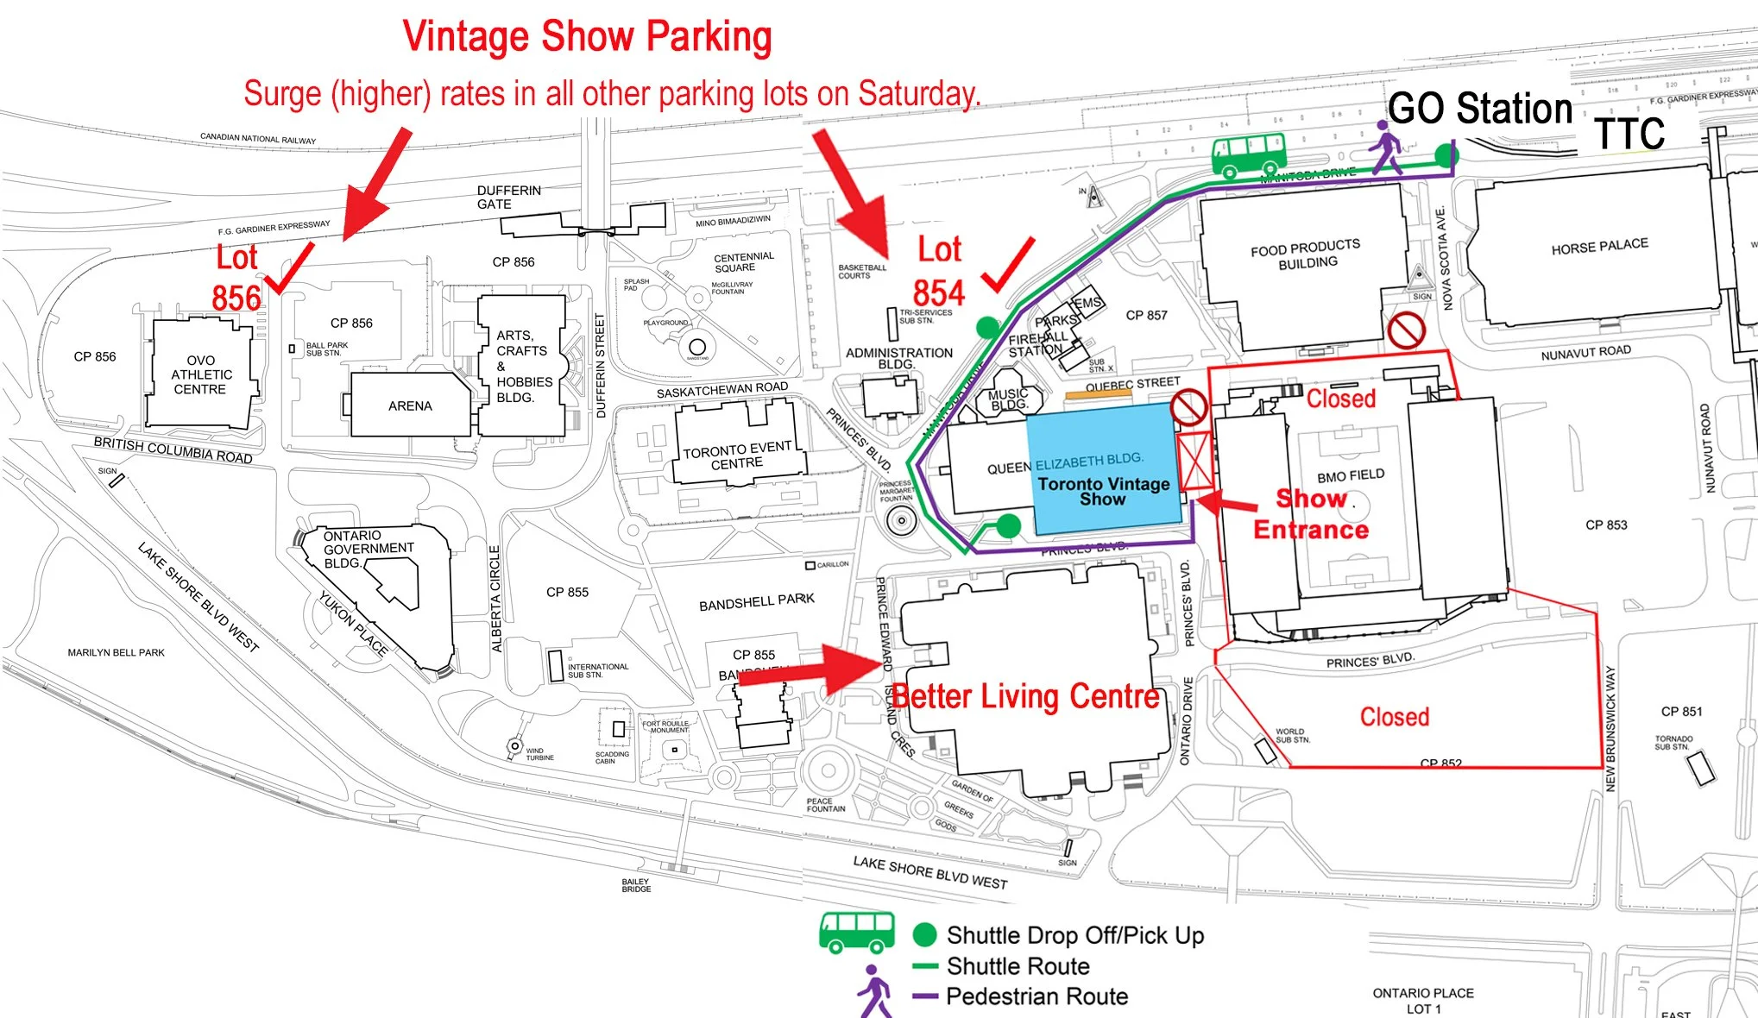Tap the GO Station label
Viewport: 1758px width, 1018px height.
tap(1480, 110)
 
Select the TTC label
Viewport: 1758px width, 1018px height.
tap(1629, 134)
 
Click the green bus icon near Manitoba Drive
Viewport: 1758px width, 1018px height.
tap(1248, 154)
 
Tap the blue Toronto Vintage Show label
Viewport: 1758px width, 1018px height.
tap(1103, 491)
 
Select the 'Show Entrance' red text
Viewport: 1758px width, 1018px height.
tap(1311, 514)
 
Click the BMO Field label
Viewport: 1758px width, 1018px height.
tap(1350, 476)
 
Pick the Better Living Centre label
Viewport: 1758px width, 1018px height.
tap(1025, 696)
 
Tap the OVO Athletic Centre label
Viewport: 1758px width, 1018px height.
tap(201, 374)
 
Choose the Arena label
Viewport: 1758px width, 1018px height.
tap(410, 405)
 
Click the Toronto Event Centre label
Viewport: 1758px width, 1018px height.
tap(737, 456)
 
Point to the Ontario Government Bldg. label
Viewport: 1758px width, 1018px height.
tap(368, 549)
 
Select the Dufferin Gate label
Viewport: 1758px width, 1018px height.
tap(508, 197)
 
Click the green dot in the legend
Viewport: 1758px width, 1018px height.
tap(924, 934)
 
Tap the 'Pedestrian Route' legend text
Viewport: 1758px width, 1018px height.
tap(1037, 996)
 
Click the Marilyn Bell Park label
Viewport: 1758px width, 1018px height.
tap(116, 653)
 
